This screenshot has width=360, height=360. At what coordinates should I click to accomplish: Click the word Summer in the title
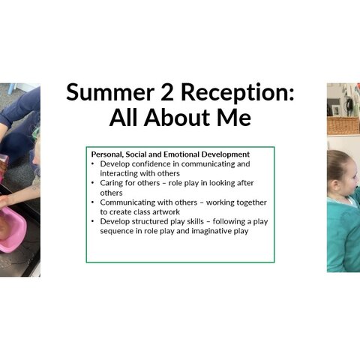[110, 92]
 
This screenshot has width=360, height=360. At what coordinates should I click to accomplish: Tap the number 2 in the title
[167, 92]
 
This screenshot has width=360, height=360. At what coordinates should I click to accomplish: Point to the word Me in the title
[234, 118]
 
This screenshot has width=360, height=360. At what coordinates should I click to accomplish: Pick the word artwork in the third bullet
[166, 212]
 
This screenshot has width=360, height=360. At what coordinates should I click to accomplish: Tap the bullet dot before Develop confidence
[93, 164]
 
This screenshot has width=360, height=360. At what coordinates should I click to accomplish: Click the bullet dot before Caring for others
[93, 183]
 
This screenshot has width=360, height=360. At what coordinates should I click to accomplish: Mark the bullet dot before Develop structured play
[93, 221]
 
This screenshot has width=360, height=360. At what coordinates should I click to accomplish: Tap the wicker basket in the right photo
[343, 126]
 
